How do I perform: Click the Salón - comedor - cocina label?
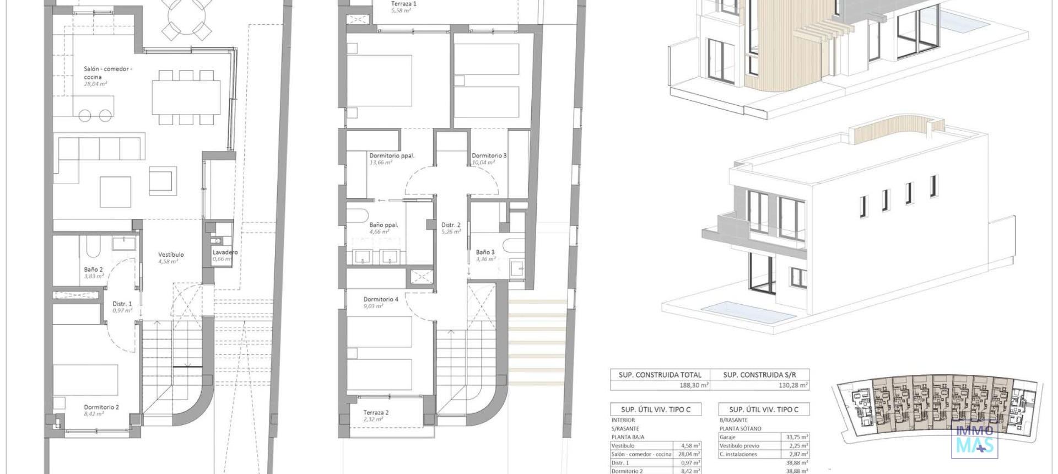107,73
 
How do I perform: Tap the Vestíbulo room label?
171,255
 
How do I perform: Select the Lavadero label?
225,252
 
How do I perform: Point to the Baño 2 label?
94,270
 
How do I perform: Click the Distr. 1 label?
122,304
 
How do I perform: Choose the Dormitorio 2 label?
101,407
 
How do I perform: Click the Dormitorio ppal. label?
392,156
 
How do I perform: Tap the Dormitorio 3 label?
489,156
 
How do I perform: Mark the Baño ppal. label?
384,225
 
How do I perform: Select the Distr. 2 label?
451,225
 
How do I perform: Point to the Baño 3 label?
485,252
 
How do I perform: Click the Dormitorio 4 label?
381,299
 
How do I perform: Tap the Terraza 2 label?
376,413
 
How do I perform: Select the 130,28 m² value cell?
793,385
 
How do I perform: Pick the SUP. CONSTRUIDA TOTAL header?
660,375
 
